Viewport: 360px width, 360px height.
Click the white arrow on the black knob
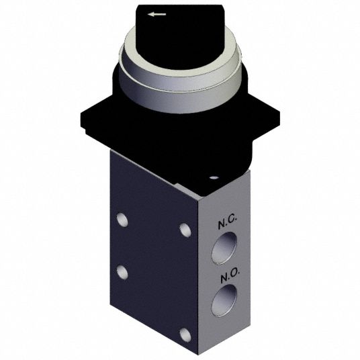[x=156, y=15]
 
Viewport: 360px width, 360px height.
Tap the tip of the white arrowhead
[x=148, y=15]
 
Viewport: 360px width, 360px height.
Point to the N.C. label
[x=227, y=222]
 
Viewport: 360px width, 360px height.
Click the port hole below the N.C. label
[x=224, y=247]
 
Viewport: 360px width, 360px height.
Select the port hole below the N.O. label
[x=224, y=300]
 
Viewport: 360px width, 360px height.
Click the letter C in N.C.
[x=232, y=220]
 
